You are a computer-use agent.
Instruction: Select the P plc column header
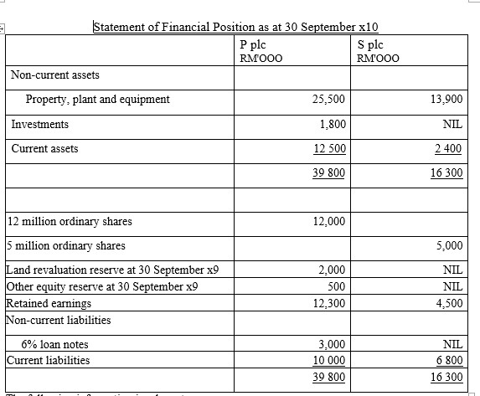(x=251, y=43)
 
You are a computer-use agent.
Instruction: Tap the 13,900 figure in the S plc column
(x=445, y=100)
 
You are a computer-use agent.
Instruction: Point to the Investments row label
(x=40, y=124)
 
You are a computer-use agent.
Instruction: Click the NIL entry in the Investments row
(x=452, y=125)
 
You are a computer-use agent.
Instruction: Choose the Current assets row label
(x=44, y=148)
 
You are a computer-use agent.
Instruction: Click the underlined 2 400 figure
(x=447, y=149)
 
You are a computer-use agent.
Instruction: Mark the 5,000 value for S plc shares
(x=449, y=246)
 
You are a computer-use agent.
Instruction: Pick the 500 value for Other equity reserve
(x=336, y=285)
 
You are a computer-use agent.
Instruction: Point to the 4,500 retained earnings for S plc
(x=449, y=303)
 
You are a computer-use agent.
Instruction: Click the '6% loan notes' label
(x=57, y=344)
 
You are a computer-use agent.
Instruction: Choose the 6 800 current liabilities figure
(x=447, y=361)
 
